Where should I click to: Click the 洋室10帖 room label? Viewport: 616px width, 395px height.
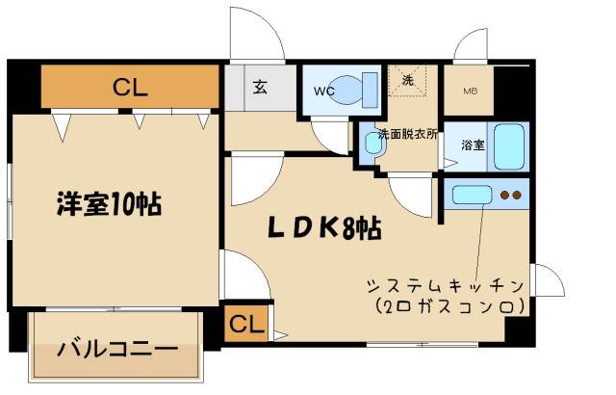[109, 203]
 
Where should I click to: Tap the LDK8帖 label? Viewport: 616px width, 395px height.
[324, 228]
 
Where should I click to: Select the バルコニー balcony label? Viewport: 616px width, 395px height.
[117, 349]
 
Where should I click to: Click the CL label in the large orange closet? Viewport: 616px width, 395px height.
[130, 88]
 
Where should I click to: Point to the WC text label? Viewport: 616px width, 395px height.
[324, 92]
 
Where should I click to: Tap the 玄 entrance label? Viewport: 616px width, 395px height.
[260, 87]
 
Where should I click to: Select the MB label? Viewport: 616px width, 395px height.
[471, 92]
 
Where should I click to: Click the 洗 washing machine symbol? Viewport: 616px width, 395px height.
[408, 80]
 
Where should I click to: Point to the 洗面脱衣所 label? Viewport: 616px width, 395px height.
[407, 134]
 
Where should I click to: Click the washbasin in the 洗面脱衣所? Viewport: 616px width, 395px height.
[373, 143]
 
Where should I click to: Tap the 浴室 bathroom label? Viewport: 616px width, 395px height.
[473, 145]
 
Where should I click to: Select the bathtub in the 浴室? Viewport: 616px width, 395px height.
[509, 146]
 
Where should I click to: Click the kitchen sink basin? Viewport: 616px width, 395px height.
[472, 195]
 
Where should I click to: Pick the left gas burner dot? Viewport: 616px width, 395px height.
[504, 195]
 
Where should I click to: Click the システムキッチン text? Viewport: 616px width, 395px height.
[445, 286]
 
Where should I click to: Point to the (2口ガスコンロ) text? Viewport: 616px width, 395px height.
[450, 305]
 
